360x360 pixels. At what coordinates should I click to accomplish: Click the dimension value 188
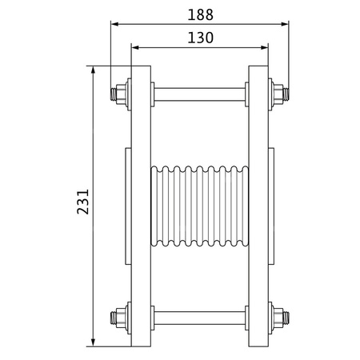tap(199, 14)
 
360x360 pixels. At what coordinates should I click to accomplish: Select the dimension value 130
tap(199, 37)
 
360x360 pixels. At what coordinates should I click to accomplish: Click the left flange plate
tap(140, 206)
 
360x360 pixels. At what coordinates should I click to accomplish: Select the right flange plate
tap(258, 206)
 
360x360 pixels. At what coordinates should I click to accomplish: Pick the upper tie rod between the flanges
tap(199, 93)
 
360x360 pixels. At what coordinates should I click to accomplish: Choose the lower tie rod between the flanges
tap(199, 318)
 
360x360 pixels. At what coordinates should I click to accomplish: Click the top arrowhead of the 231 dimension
tap(95, 70)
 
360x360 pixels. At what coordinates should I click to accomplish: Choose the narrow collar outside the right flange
tap(271, 206)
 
